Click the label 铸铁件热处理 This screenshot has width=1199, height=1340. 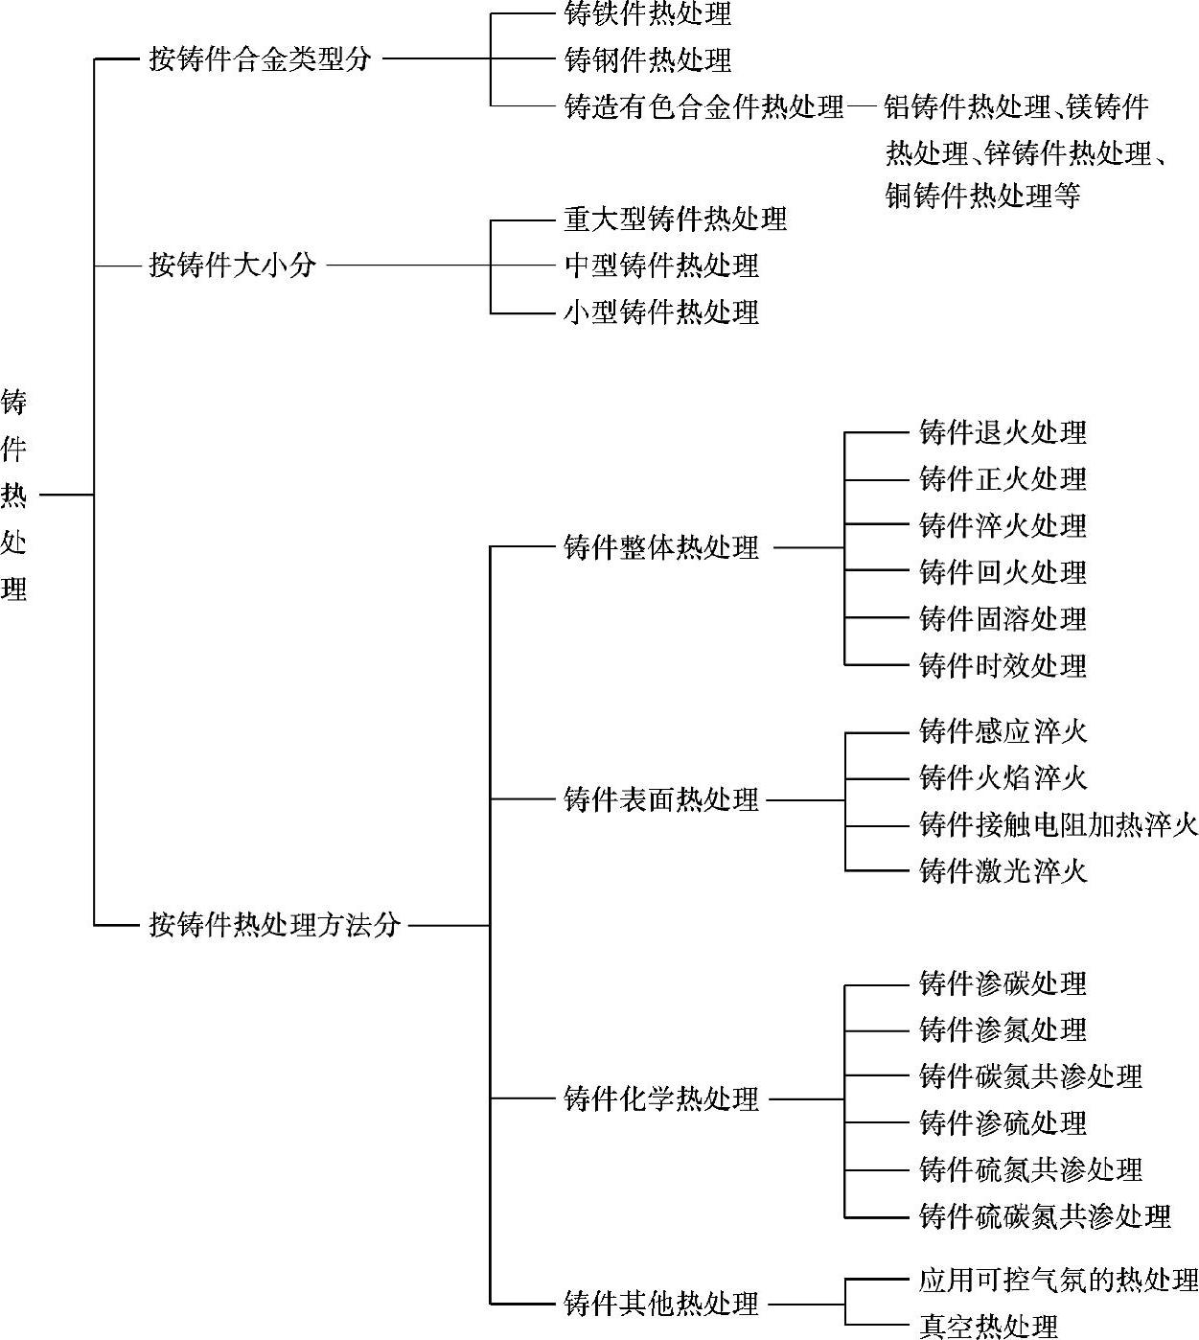[648, 14]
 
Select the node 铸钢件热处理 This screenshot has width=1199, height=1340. [648, 60]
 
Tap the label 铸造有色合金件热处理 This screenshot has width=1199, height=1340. [703, 106]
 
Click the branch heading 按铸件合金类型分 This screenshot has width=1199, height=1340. [260, 59]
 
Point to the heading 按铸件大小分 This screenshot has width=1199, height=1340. [232, 265]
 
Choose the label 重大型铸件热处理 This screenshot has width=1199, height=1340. [675, 219]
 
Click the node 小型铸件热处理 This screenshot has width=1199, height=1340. [661, 312]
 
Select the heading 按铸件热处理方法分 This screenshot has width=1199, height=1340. [274, 925]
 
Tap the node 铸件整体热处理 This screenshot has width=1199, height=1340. [661, 548]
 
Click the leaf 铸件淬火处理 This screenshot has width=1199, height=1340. [1003, 525]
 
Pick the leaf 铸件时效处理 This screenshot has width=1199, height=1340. [1003, 665]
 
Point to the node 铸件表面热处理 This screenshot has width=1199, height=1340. [661, 799]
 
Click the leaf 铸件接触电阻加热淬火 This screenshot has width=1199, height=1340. [1058, 824]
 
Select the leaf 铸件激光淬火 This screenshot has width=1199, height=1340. [1003, 870]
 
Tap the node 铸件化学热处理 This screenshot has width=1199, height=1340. [661, 1099]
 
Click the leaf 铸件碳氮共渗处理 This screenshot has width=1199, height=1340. [1030, 1076]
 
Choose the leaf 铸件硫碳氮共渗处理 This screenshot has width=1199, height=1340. [1045, 1216]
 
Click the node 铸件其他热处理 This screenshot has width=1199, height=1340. [661, 1304]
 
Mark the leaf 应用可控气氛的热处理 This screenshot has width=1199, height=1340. [1058, 1280]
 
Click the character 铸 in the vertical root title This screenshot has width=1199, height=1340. [13, 403]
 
